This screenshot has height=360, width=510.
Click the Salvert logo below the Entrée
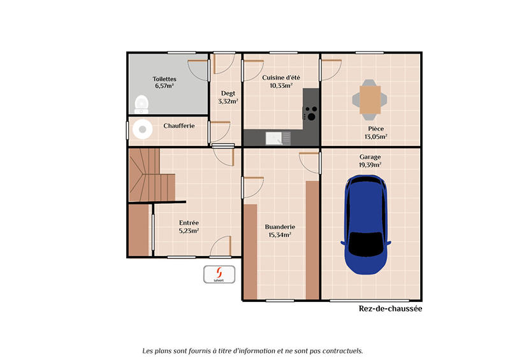(220, 274)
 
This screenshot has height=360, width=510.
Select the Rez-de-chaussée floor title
(390, 308)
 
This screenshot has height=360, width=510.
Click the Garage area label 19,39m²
(370, 164)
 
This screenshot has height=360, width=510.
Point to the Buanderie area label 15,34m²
(279, 234)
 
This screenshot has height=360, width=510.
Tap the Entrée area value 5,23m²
(188, 231)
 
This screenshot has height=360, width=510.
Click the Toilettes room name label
(164, 79)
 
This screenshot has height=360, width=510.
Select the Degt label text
(228, 93)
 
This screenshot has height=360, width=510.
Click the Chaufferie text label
(178, 126)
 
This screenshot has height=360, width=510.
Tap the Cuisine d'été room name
(280, 78)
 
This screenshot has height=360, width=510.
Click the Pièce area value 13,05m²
(375, 136)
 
